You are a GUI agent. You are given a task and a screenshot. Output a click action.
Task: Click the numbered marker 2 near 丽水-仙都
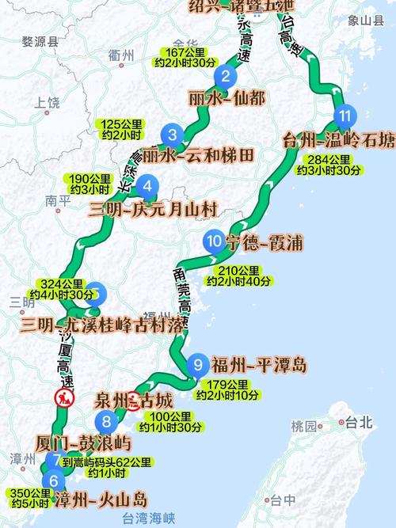pyautogui.click(x=226, y=76)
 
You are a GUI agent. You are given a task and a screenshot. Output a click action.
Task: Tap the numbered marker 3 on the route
pyautogui.click(x=173, y=134)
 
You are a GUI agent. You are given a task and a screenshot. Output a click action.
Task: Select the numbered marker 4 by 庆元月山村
pyautogui.click(x=147, y=187)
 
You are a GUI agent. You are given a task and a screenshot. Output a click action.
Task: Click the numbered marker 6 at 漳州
pyautogui.click(x=54, y=480)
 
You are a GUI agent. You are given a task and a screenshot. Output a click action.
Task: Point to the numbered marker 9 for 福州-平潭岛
pyautogui.click(x=199, y=365)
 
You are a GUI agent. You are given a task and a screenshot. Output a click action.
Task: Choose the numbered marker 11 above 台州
pyautogui.click(x=344, y=116)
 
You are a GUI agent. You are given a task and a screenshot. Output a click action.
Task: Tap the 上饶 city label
pyautogui.click(x=48, y=102)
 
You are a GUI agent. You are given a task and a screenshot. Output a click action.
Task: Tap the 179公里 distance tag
pyautogui.click(x=222, y=385)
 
